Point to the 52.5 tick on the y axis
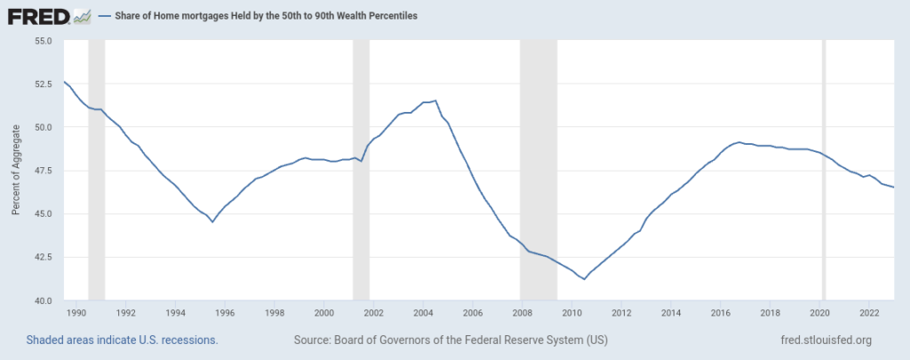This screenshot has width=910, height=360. (42, 84)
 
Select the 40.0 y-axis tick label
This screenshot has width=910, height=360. (42, 300)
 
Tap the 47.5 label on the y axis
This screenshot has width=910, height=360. (42, 171)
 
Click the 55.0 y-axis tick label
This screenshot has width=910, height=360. (42, 40)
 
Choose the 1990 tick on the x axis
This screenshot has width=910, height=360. (76, 313)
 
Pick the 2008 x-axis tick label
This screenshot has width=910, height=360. (523, 313)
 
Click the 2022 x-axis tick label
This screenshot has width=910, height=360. (870, 313)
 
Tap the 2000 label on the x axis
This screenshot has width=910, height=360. (324, 313)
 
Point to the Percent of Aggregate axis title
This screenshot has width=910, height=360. (16, 171)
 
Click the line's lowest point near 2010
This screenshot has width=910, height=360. (585, 279)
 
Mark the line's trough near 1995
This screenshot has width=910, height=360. (212, 221)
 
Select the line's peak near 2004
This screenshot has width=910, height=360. (435, 100)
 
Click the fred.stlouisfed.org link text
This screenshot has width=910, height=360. (825, 340)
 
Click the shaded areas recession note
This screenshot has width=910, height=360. (122, 340)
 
